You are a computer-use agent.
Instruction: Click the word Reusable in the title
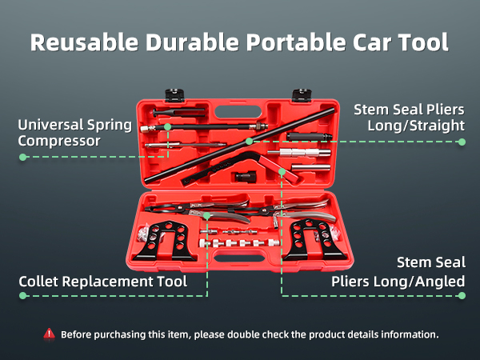click(x=84, y=42)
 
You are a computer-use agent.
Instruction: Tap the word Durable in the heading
click(x=192, y=42)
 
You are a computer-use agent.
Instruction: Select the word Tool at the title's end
click(x=423, y=42)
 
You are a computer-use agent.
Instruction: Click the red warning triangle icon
click(x=50, y=334)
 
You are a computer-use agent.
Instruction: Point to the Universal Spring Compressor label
click(x=74, y=133)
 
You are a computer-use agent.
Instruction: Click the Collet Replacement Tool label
click(x=103, y=282)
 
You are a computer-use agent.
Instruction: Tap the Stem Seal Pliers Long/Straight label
click(x=410, y=118)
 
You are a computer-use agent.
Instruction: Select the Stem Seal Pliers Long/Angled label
click(x=398, y=272)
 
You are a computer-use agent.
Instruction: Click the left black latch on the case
click(x=174, y=95)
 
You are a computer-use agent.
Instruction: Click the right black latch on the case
click(x=302, y=95)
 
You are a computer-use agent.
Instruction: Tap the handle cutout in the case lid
click(x=238, y=112)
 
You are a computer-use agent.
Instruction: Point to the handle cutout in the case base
click(x=239, y=258)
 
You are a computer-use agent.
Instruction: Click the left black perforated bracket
click(x=166, y=241)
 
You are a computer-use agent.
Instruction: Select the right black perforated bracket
click(x=314, y=240)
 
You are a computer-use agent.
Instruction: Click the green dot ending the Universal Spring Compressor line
click(x=22, y=157)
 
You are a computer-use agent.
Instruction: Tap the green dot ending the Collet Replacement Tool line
click(x=22, y=295)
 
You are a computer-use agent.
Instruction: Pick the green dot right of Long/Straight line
click(x=462, y=142)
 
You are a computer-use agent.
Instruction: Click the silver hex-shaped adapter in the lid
click(x=299, y=153)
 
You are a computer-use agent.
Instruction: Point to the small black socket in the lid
click(x=246, y=176)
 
